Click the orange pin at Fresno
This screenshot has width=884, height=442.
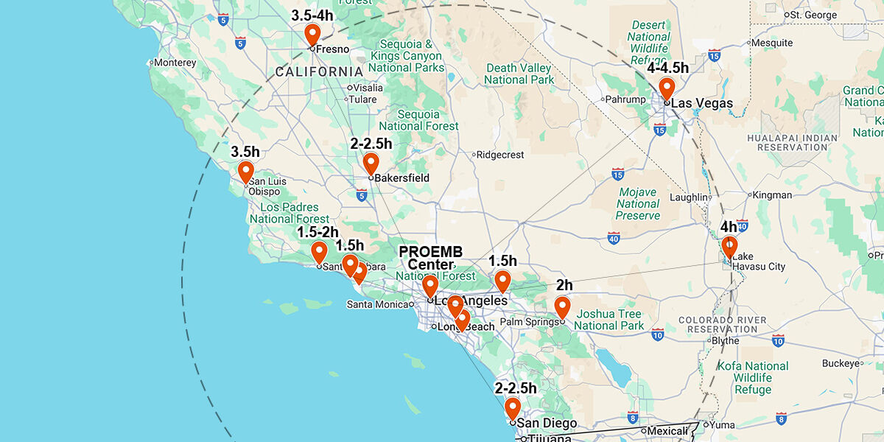312,34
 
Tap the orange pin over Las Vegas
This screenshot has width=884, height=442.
667,88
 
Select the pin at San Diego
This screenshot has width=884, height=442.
513,407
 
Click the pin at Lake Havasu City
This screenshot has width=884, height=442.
729,246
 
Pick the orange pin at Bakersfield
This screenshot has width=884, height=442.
371,163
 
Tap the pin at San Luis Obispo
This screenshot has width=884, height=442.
246,172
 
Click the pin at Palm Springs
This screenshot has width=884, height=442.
562,306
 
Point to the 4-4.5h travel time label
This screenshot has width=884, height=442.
667,69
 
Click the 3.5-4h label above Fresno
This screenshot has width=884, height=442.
312,15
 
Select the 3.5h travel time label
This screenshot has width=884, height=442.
245,152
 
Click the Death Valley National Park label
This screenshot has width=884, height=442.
519,74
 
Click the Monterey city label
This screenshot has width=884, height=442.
175,63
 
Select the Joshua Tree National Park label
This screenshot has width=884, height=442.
609,319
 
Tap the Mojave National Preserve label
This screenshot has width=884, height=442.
638,203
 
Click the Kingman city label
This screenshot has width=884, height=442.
771,195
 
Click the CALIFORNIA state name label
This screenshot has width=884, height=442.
319,71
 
